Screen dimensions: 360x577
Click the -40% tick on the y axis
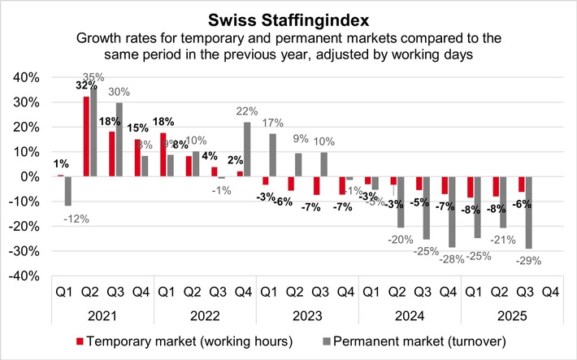24,276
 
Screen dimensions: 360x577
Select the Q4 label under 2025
549,291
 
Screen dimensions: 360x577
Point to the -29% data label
527,260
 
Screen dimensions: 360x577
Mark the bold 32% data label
85,85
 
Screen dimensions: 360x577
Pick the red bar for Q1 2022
162,154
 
